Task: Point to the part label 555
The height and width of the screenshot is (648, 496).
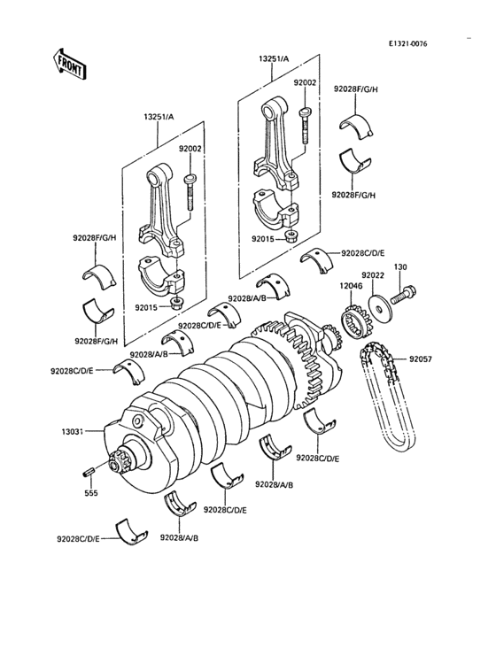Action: coord(90,492)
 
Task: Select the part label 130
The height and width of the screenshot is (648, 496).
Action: coord(400,266)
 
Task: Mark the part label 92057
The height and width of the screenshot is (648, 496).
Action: coord(421,359)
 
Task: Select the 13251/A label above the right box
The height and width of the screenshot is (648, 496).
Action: coord(274,59)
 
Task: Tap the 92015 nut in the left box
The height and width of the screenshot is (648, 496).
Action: coord(178,303)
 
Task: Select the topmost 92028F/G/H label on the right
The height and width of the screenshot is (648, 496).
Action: coord(354,90)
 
